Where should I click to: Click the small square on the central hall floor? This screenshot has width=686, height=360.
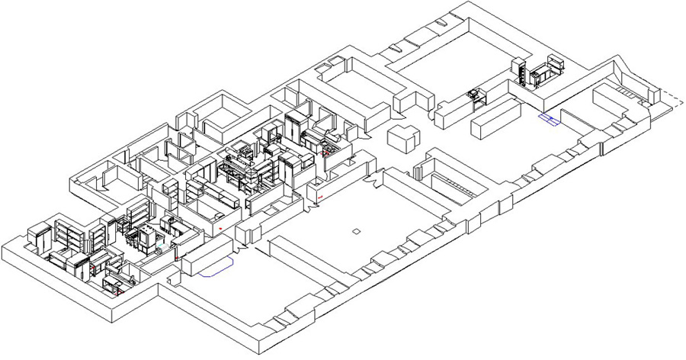pos(356,230)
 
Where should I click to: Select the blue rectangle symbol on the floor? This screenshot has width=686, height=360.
pos(549,118)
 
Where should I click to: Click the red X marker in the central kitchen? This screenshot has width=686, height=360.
pos(326,153)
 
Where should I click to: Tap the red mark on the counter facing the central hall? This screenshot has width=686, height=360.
pos(320,198)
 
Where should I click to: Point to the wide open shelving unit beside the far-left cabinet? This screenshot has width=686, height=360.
pos(69,233)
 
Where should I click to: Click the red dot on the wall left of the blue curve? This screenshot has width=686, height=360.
pos(176,259)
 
